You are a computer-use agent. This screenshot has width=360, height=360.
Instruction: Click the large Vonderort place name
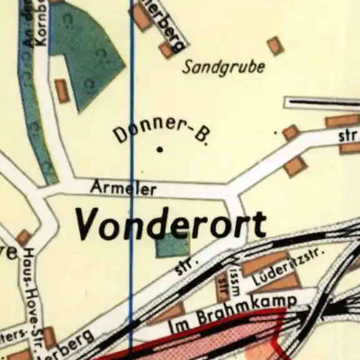(x=170, y=223)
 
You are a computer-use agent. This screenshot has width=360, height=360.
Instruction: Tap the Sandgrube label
(x=223, y=67)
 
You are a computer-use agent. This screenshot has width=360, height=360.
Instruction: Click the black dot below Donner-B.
(x=160, y=149)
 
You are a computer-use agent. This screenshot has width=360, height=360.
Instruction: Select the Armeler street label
(x=123, y=187)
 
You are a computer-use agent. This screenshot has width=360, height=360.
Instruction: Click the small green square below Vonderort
(x=172, y=245)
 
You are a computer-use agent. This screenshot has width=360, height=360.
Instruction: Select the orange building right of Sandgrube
(x=275, y=46)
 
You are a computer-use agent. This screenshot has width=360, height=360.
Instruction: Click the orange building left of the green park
(x=62, y=90)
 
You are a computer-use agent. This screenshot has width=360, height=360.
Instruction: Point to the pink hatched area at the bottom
(x=243, y=340)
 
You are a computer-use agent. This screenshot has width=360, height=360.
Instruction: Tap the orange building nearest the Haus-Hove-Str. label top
(x=24, y=238)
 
